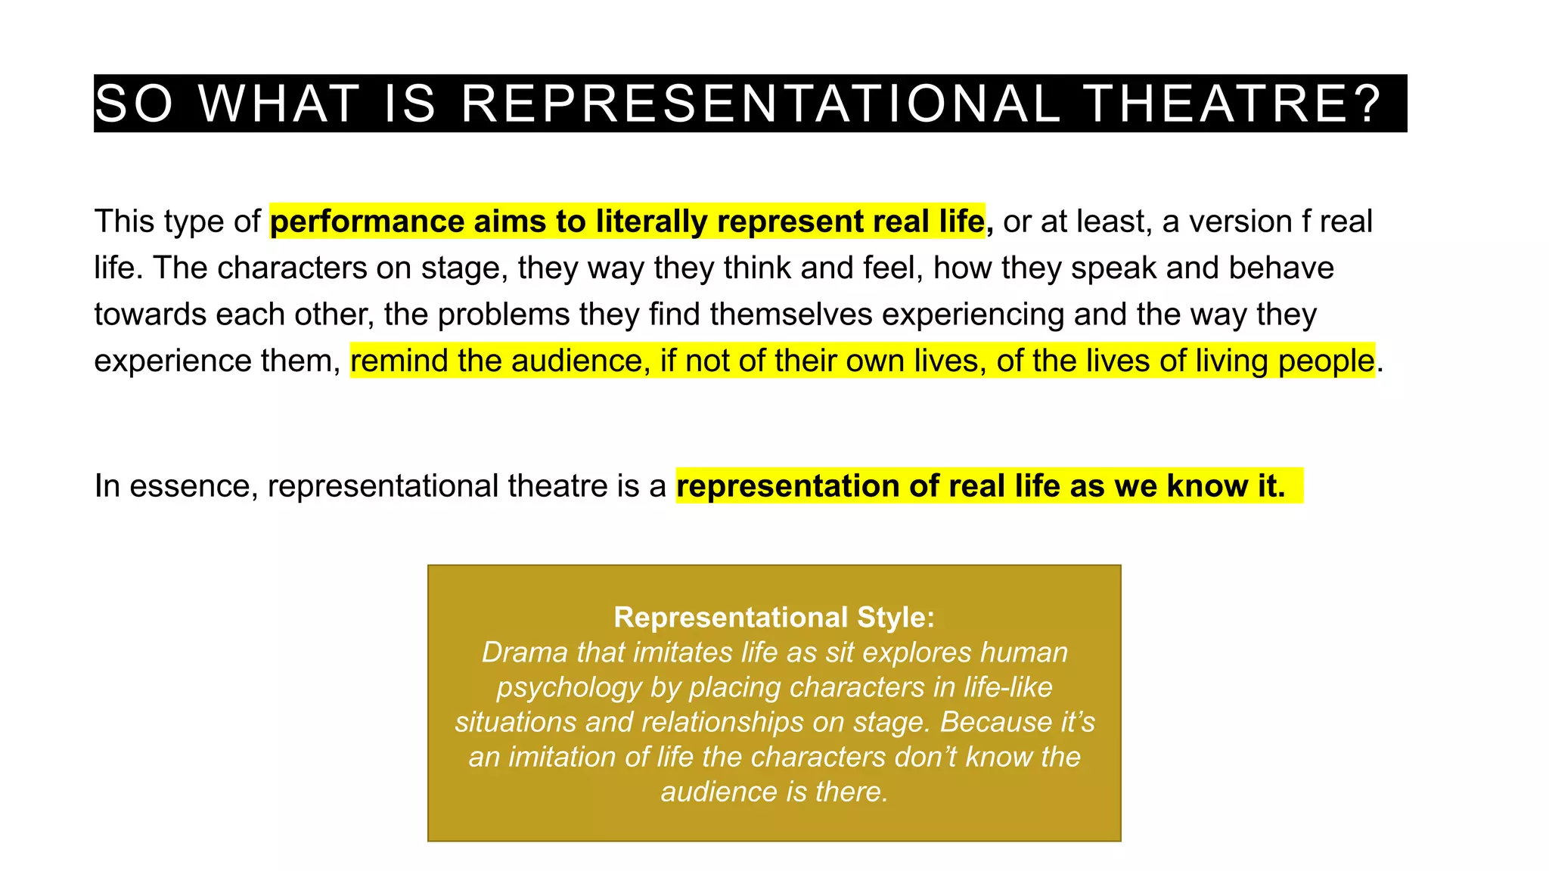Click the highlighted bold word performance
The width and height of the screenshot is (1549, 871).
(367, 222)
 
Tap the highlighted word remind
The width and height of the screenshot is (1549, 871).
(399, 361)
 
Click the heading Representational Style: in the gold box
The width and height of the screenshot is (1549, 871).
(774, 617)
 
